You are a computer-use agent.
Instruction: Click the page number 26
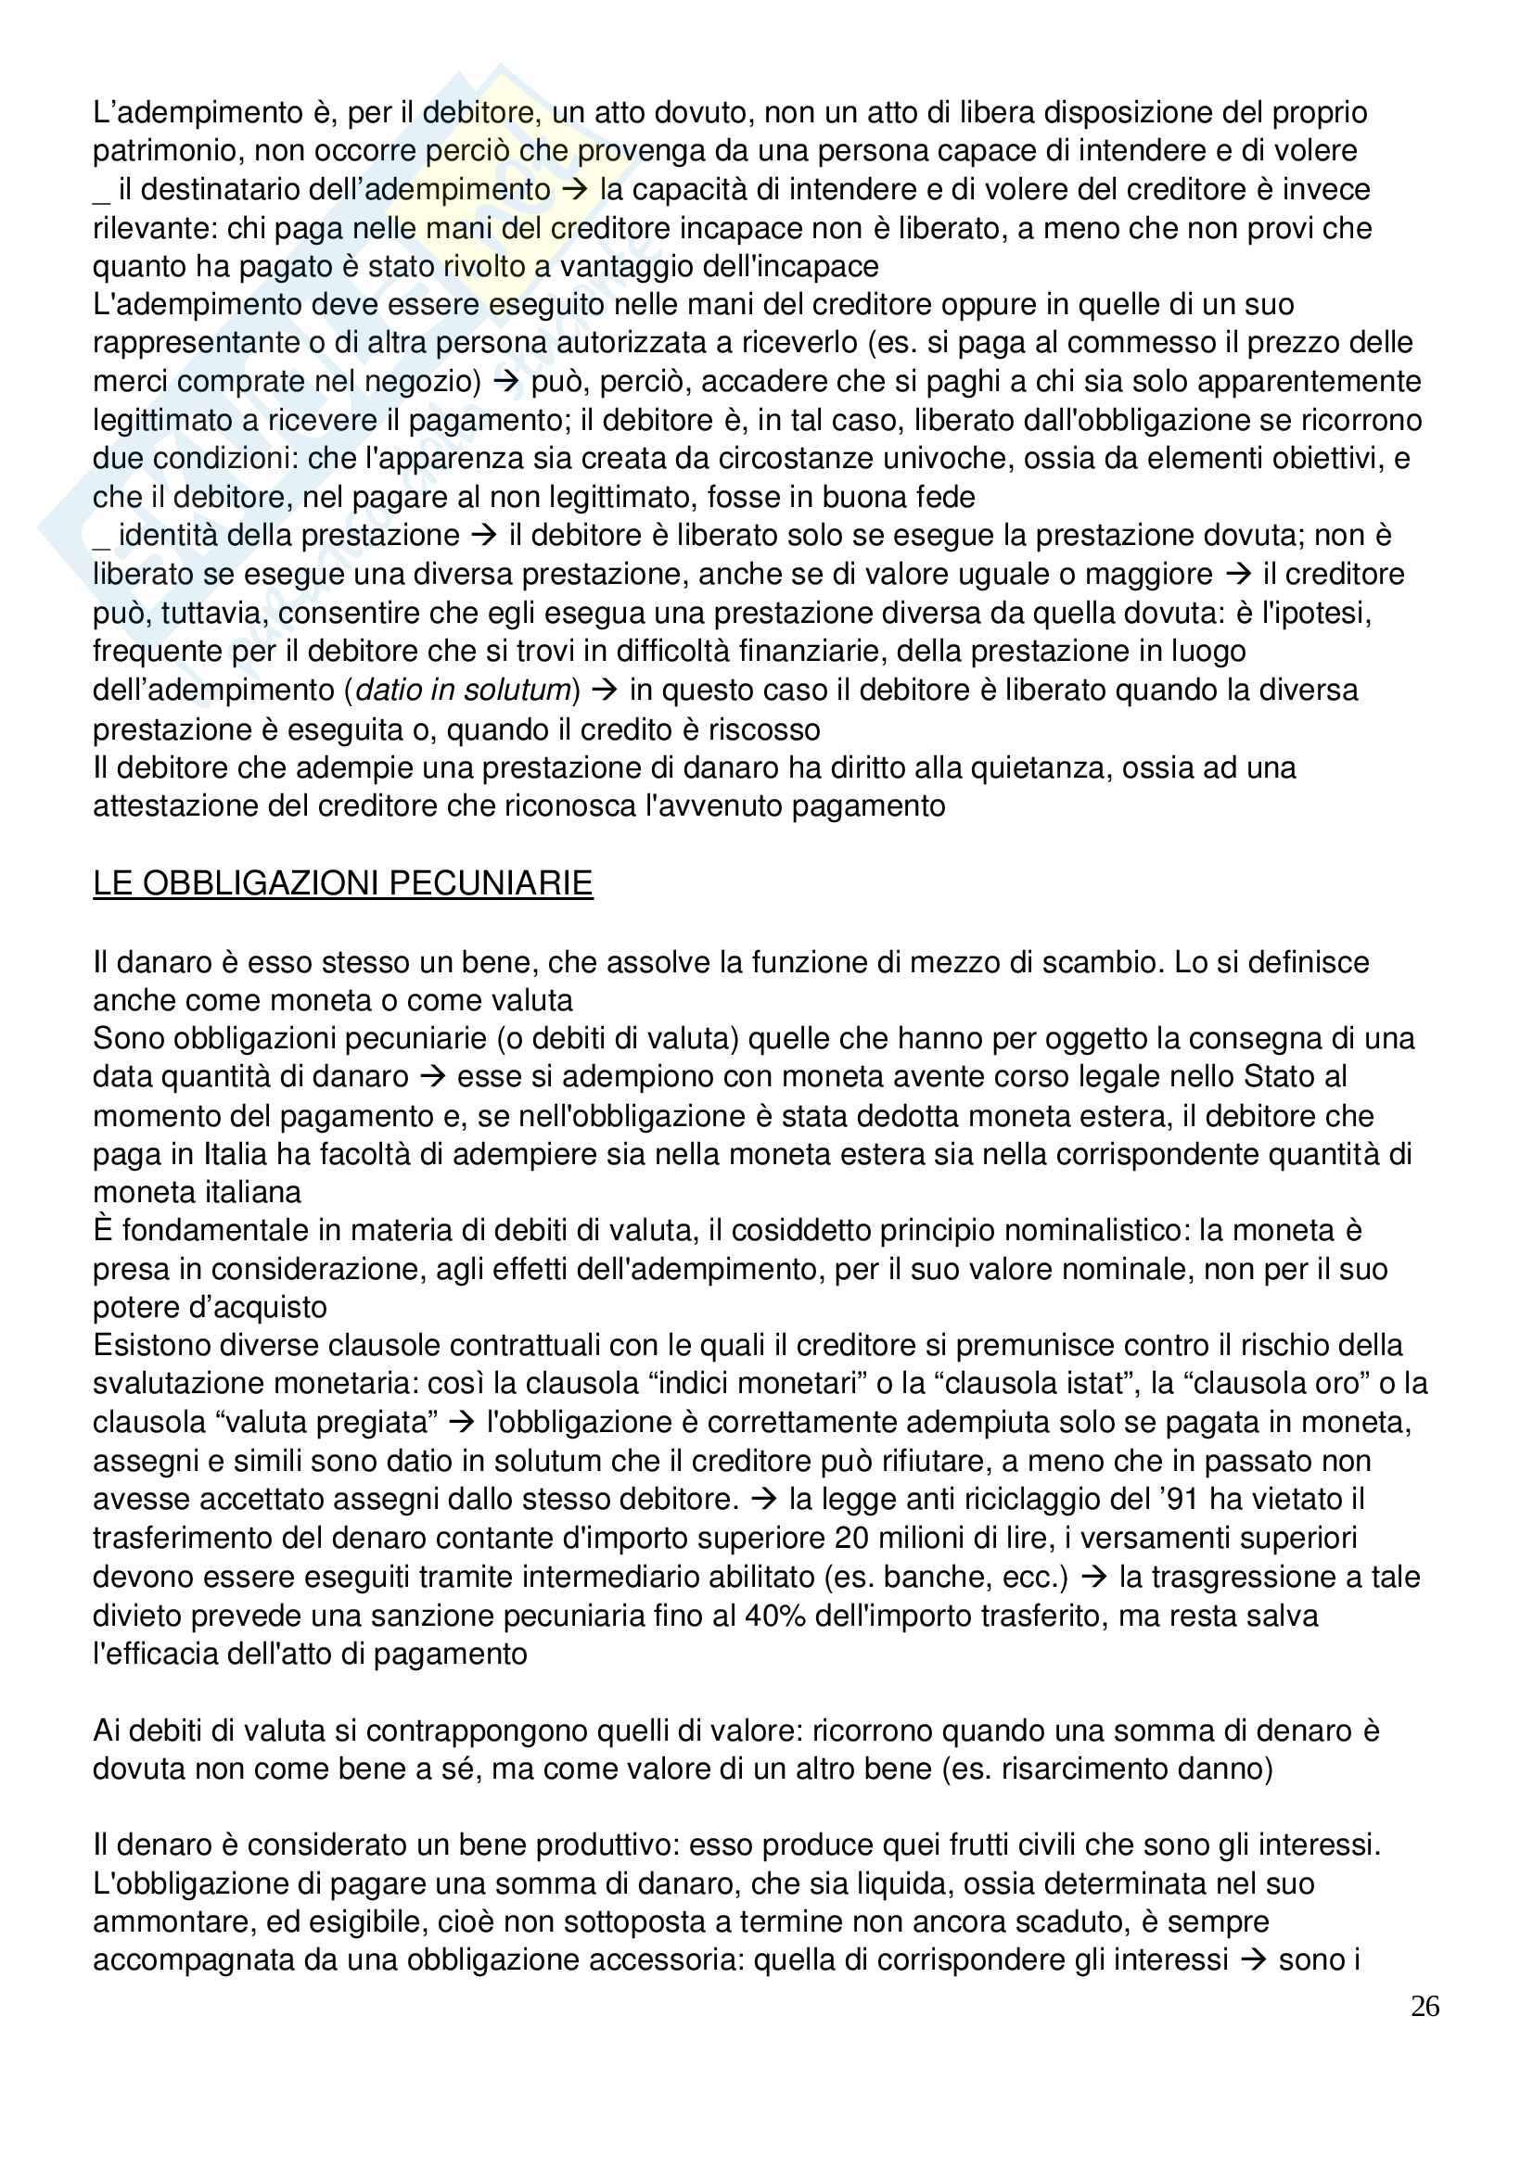[x=1424, y=2006]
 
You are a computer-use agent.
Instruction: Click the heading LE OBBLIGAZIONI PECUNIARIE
[x=342, y=883]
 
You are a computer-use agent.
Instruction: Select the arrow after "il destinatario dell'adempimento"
[x=574, y=190]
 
